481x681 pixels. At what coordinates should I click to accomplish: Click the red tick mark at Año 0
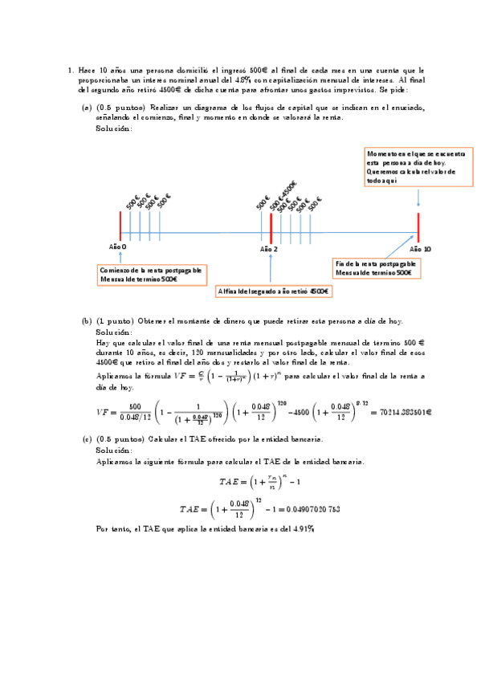pos(120,226)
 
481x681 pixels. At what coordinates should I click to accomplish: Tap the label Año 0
pos(118,247)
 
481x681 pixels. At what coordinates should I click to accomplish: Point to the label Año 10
pos(421,250)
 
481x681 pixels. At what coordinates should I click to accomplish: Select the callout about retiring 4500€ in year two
pos(274,291)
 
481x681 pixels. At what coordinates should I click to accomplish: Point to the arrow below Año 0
pos(120,256)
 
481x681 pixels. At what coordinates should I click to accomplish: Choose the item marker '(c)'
pos(87,439)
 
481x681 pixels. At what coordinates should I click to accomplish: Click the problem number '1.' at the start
pos(71,71)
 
